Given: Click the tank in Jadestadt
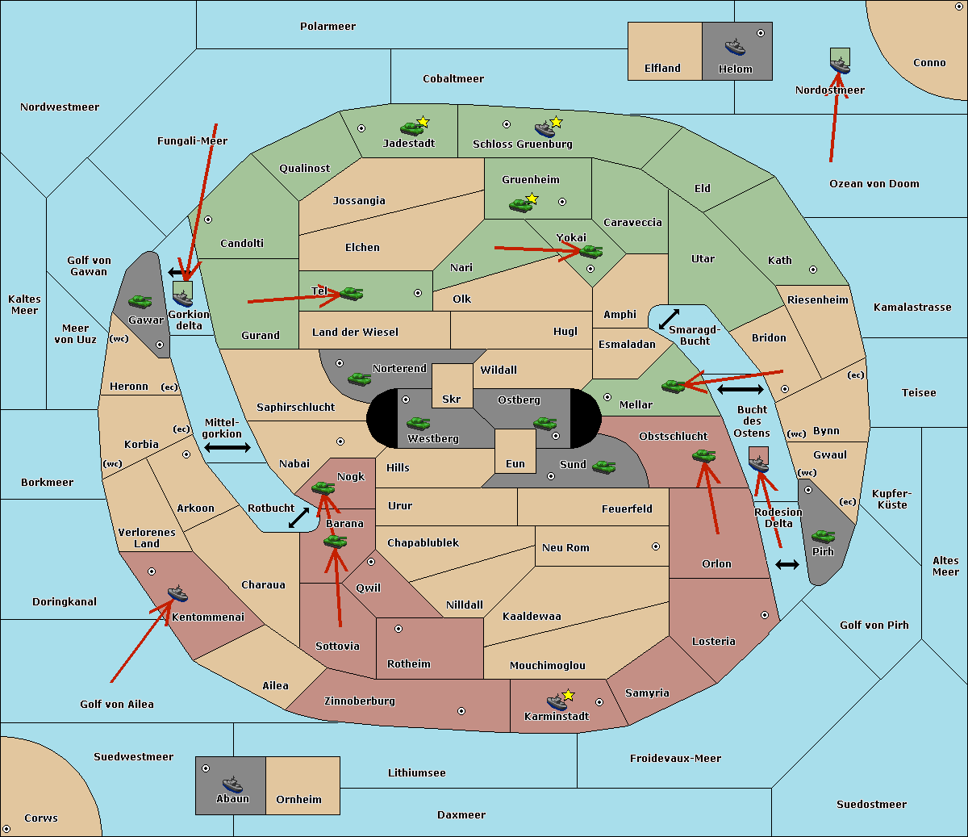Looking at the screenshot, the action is [x=411, y=128].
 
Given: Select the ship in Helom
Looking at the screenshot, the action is [x=735, y=48].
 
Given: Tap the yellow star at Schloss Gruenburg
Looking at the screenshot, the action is [x=556, y=123].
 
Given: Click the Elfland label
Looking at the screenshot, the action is [x=662, y=69].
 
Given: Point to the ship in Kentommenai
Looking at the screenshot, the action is [x=178, y=593].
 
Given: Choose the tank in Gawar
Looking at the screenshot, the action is [x=140, y=302].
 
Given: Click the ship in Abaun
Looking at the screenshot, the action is [x=232, y=784].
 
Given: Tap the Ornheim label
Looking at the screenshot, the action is [x=298, y=800].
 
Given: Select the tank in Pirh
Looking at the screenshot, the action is [x=823, y=536].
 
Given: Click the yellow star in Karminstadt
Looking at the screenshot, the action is [x=568, y=695].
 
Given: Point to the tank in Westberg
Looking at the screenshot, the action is [x=418, y=424].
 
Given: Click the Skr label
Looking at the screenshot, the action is [x=452, y=399].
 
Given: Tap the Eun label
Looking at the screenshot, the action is [x=515, y=463].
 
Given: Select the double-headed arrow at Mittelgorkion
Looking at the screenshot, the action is [x=227, y=448].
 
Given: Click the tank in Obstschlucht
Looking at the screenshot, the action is [x=704, y=455].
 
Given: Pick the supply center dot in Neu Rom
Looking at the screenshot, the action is [x=656, y=546].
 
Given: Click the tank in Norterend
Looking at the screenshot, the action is [x=359, y=379].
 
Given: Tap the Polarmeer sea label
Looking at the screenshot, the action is [x=328, y=27].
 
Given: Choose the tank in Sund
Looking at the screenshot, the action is [x=603, y=467].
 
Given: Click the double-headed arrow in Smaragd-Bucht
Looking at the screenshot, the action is [x=669, y=319].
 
